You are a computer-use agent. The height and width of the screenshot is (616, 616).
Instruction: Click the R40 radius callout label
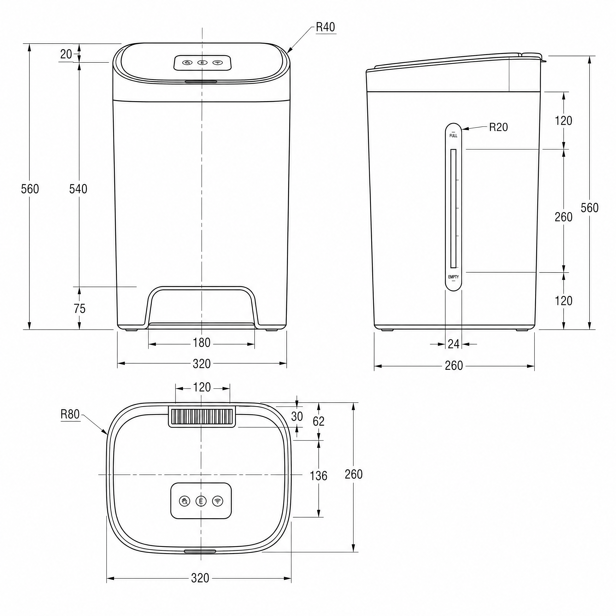pos(326,27)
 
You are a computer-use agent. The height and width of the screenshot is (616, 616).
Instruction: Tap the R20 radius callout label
pos(499,127)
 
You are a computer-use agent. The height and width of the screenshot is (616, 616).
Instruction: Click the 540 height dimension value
pos(78,189)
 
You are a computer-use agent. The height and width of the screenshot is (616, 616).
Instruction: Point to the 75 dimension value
pos(79,309)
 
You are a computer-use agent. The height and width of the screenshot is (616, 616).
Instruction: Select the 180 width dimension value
pos(201,343)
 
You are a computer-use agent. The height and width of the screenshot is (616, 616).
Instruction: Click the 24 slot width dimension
pos(453,344)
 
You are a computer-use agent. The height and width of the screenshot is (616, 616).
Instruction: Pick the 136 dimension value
pos(318,476)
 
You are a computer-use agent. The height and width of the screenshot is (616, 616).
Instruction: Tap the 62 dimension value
pos(318,422)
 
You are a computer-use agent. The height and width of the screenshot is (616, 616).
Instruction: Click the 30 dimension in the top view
pos(297,416)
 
